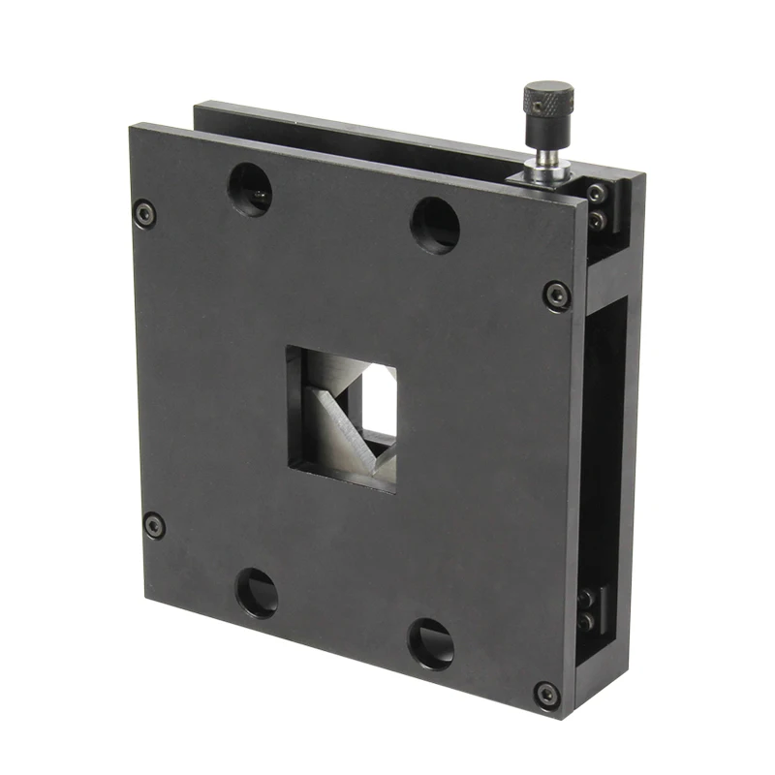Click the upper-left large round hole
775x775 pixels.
250,189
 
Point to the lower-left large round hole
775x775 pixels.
257,593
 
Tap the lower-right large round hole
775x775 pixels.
431,643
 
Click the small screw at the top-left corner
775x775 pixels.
144,211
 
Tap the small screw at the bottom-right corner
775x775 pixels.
547,693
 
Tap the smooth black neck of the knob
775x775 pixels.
545,135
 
